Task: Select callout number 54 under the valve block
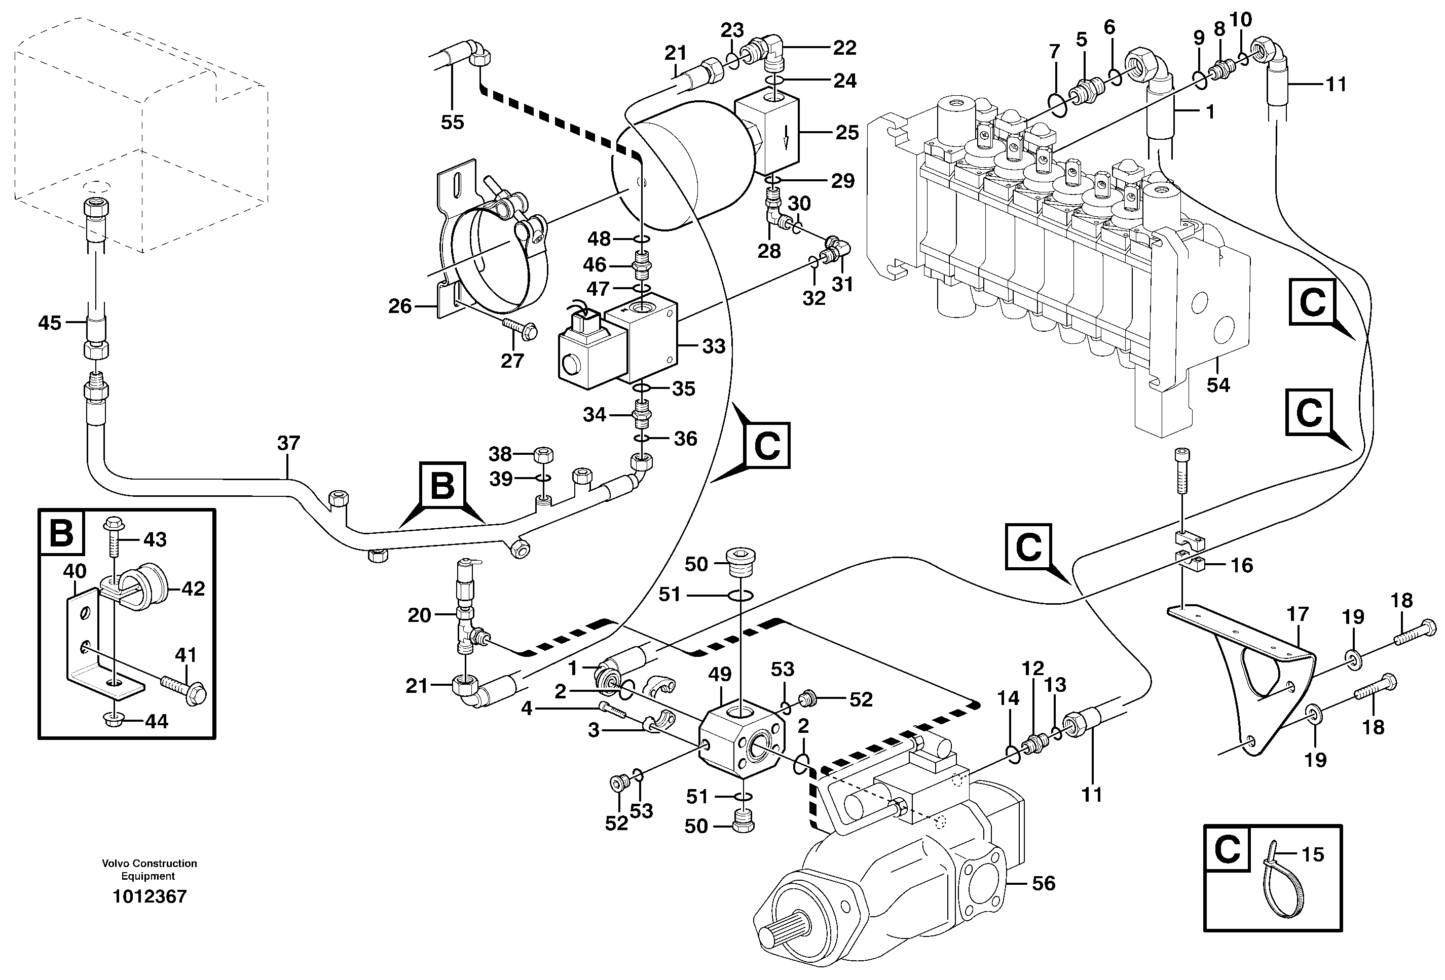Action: click(x=1217, y=385)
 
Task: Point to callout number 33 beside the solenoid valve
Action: click(x=713, y=346)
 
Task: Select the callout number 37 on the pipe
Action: click(x=288, y=443)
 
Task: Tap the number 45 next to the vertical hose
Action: click(x=50, y=323)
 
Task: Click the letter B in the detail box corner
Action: click(x=61, y=533)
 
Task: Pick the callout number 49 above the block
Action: click(x=721, y=674)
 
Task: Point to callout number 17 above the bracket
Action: click(x=1298, y=614)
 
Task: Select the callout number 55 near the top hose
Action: click(x=452, y=122)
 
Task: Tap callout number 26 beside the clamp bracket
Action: click(x=400, y=306)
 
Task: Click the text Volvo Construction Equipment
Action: click(x=149, y=870)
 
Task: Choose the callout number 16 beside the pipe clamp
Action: click(x=1241, y=566)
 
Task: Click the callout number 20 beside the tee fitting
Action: click(x=419, y=615)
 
